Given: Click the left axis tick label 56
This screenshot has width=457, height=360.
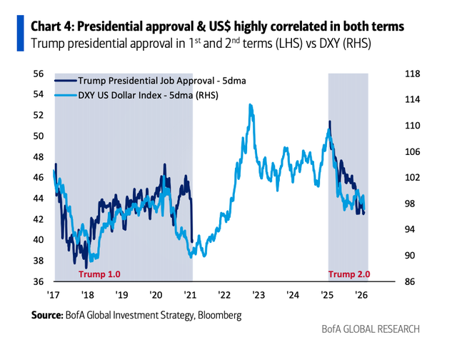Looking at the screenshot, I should pyautogui.click(x=39, y=74).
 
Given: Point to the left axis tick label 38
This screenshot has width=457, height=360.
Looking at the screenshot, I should pyautogui.click(x=39, y=261).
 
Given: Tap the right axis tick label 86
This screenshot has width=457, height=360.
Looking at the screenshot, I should pyautogui.click(x=412, y=281).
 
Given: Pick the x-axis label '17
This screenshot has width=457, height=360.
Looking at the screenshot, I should pyautogui.click(x=53, y=296).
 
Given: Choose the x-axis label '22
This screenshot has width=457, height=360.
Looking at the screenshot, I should pyautogui.click(x=224, y=296).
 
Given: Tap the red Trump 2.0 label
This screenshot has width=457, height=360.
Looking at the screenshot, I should pyautogui.click(x=349, y=274).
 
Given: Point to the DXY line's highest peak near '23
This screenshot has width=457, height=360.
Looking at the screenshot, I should pyautogui.click(x=250, y=105).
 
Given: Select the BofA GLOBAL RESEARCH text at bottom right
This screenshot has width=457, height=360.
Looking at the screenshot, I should pyautogui.click(x=371, y=329).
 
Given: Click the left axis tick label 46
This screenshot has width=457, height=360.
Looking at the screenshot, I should pyautogui.click(x=39, y=177).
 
